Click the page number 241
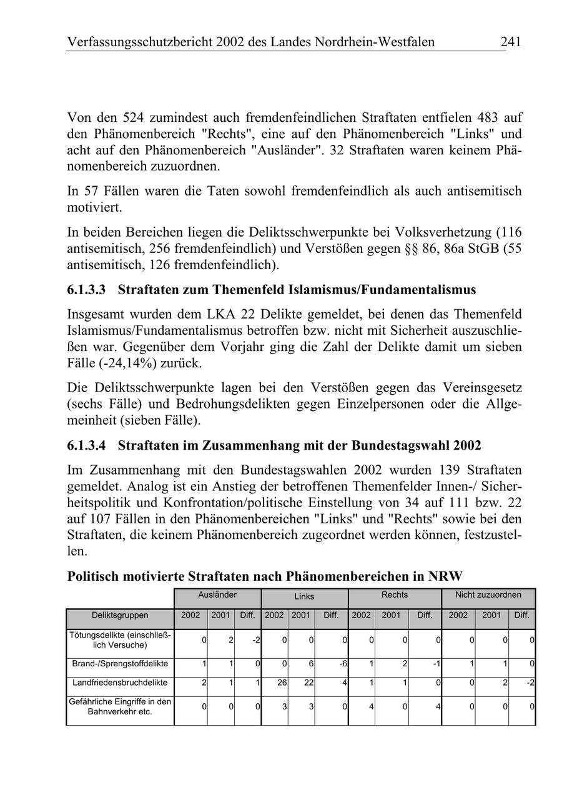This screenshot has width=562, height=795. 510,42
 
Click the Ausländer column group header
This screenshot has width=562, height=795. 217,595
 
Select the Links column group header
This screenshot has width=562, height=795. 304,596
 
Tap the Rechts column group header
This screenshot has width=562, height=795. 394,595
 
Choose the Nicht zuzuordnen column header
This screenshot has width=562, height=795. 488,595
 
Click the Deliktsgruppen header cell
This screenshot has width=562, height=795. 120,615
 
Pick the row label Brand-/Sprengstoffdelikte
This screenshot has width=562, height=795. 120,663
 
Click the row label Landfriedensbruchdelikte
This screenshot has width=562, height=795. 120,683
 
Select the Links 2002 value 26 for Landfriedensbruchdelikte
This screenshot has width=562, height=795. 282,683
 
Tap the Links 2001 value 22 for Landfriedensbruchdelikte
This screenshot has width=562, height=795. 308,683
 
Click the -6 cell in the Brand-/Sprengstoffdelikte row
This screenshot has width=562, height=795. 343,663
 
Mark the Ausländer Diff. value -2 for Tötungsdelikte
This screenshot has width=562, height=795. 256,640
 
